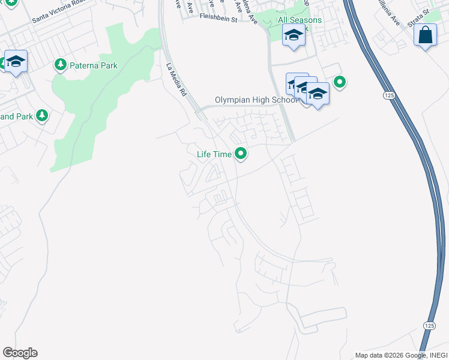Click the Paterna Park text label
[x=93, y=65]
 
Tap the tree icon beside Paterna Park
[x=60, y=64]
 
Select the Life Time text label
[x=214, y=154]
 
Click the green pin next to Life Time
[x=241, y=154]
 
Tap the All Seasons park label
[x=300, y=20]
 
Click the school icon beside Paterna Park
[x=16, y=61]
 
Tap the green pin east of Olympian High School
[x=340, y=82]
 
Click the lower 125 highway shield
[x=429, y=325]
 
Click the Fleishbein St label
[x=219, y=19]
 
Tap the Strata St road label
[x=418, y=11]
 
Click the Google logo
[x=20, y=353]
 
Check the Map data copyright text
[x=400, y=355]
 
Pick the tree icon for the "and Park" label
[x=41, y=115]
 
